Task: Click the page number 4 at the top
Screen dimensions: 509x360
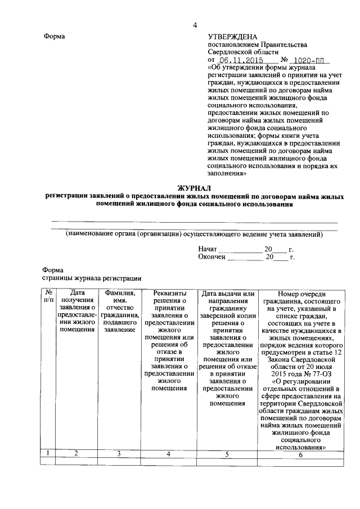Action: (195, 25)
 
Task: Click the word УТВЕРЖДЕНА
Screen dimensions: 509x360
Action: (232, 37)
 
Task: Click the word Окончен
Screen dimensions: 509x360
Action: (211, 256)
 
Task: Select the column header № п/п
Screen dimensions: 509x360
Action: (49, 296)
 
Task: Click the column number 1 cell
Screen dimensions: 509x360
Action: (49, 453)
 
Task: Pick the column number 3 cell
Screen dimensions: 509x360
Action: (119, 453)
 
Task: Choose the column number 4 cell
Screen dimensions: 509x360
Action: (169, 453)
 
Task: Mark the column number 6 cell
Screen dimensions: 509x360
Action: (301, 454)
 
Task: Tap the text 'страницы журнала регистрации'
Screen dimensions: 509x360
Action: (91, 278)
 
